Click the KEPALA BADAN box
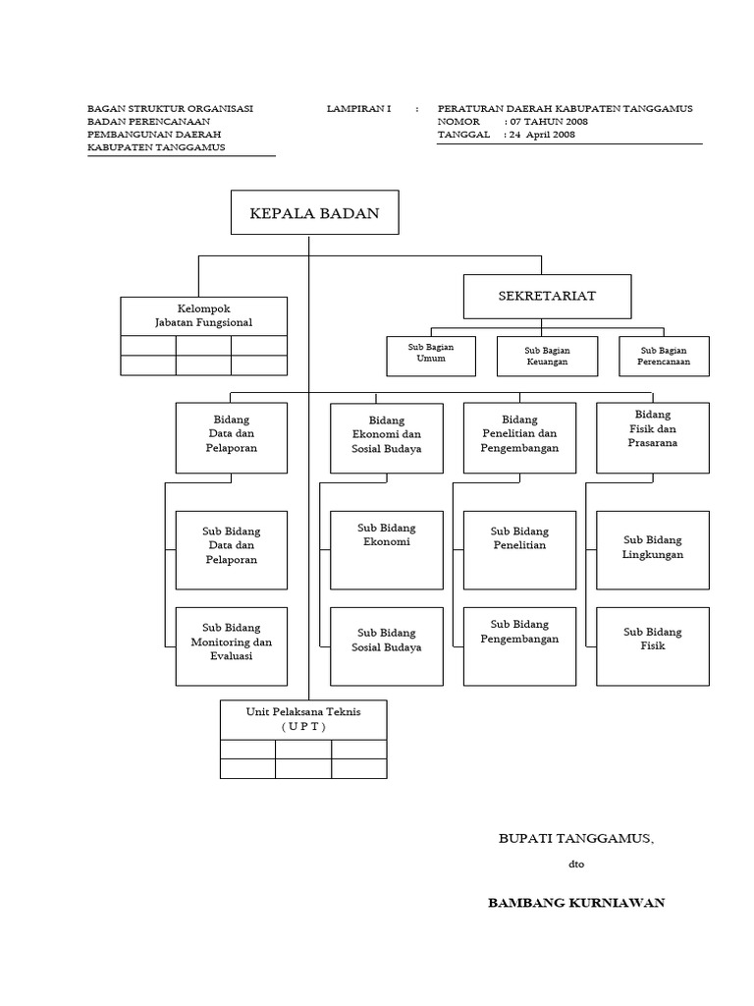click(x=314, y=213)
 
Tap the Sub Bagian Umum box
click(x=431, y=355)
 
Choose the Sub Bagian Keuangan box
click(x=547, y=357)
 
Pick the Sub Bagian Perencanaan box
click(x=665, y=357)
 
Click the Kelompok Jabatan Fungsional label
click(x=204, y=315)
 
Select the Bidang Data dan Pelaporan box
click(x=232, y=437)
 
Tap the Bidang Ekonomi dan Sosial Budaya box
click(x=387, y=437)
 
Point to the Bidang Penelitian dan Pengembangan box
click(x=519, y=436)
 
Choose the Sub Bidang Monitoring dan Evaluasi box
click(x=232, y=645)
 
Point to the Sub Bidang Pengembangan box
click(x=519, y=645)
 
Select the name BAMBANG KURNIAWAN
click(x=576, y=903)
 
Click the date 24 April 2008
click(x=542, y=136)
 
